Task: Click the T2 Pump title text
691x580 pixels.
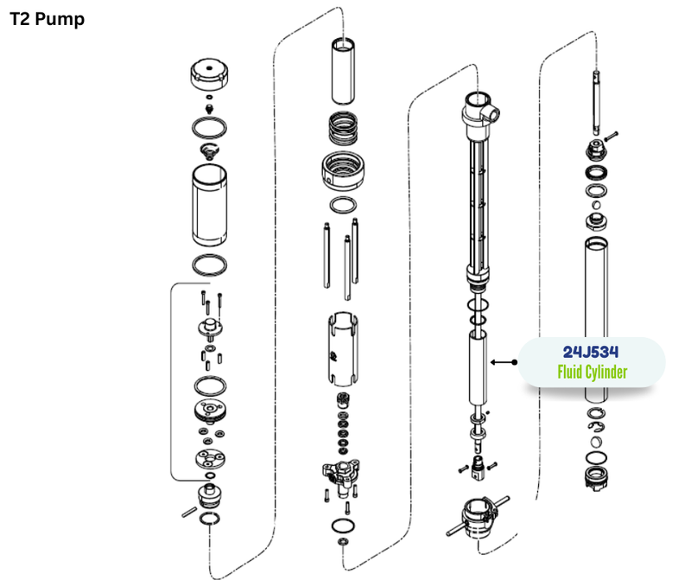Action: (x=47, y=19)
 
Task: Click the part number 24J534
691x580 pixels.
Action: (x=591, y=352)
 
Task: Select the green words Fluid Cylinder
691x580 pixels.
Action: (x=592, y=372)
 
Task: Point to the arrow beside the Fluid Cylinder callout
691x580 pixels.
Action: (x=504, y=362)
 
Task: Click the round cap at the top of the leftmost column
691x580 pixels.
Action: (x=209, y=74)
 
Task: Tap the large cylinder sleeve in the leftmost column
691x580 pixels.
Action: (x=209, y=205)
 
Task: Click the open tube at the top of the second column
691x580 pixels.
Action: (x=343, y=72)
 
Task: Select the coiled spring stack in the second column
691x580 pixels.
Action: (x=343, y=129)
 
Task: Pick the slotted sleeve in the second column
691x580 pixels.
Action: (x=343, y=349)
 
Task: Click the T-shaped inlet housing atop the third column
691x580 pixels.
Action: (x=479, y=112)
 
